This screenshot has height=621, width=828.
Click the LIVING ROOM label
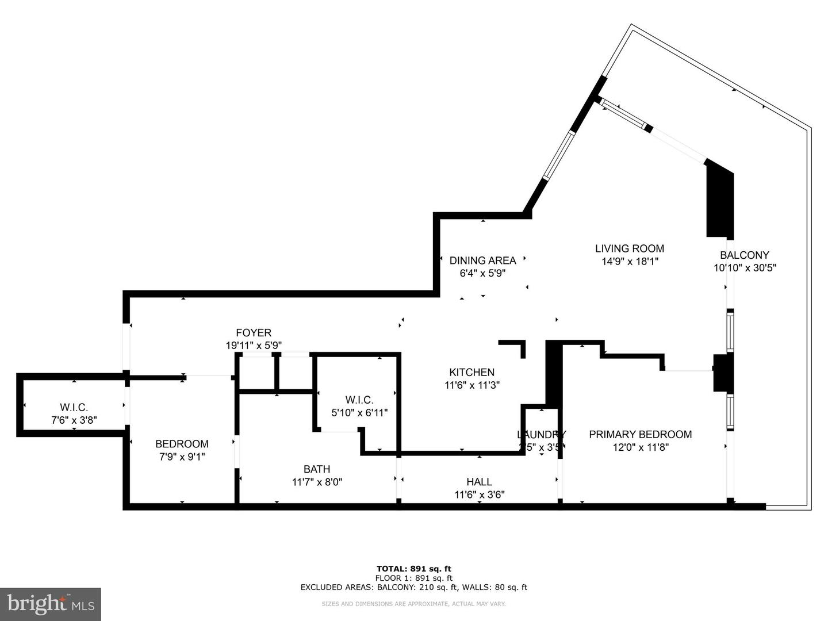click(x=629, y=248)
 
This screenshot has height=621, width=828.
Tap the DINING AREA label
click(x=482, y=260)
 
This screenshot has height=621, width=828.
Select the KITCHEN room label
click(x=471, y=373)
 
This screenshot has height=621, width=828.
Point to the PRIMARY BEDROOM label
click(x=640, y=434)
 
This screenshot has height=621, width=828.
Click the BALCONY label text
click(x=744, y=255)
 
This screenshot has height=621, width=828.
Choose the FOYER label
click(x=254, y=333)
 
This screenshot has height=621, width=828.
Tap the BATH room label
click(x=316, y=469)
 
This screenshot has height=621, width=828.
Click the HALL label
click(x=479, y=482)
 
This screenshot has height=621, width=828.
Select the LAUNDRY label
click(x=541, y=435)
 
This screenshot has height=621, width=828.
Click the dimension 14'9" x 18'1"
click(x=629, y=261)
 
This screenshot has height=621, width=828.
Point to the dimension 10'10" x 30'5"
click(x=745, y=267)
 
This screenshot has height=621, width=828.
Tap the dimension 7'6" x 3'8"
click(x=74, y=420)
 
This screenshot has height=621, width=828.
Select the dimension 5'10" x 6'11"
click(x=359, y=412)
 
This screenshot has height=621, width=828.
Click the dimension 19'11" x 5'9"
click(x=254, y=346)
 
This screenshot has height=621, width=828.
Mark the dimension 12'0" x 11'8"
click(x=640, y=447)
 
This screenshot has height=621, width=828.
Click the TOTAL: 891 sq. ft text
click(x=413, y=569)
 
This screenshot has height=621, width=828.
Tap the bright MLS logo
click(x=51, y=604)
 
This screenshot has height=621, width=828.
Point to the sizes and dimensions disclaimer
click(x=413, y=604)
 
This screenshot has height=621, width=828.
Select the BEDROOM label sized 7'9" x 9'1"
click(x=182, y=444)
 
